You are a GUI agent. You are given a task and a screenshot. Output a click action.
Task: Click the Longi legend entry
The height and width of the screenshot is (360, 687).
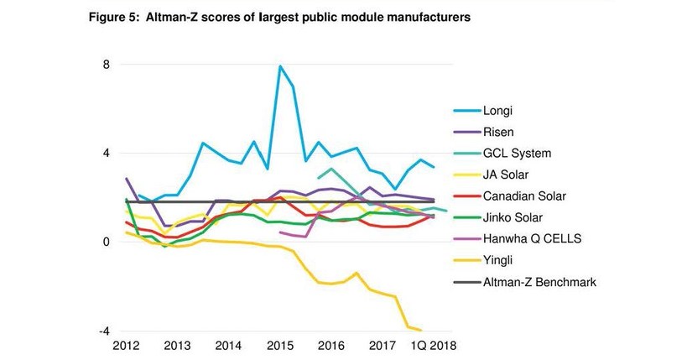(498, 110)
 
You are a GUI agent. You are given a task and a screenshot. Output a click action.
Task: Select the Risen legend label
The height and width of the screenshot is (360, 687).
(500, 132)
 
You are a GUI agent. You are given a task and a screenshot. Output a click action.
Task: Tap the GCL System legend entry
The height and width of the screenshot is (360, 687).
(517, 154)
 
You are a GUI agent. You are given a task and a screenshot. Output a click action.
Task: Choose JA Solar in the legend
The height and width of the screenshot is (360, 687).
(510, 175)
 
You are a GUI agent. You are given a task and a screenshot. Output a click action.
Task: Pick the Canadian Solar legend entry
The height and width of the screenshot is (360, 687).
(525, 196)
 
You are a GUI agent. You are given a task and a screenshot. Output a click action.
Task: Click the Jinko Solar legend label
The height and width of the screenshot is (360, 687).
(514, 217)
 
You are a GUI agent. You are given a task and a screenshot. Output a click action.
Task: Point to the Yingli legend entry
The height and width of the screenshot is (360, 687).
(500, 261)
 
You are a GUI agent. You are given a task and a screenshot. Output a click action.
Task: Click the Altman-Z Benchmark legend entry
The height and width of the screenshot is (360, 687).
(539, 282)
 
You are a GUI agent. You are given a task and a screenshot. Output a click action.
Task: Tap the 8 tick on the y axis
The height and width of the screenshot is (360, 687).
(106, 64)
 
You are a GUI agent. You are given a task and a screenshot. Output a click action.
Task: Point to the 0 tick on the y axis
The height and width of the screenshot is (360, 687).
(106, 242)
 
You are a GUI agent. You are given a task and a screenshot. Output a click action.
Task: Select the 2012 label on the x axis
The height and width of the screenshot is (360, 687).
(126, 345)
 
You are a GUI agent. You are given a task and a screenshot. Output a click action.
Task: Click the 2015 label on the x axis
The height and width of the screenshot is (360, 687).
(280, 345)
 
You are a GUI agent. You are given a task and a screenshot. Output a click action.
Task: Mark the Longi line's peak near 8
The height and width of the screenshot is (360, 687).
(280, 66)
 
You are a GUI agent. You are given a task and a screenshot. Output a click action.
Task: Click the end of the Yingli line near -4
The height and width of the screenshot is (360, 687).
(420, 330)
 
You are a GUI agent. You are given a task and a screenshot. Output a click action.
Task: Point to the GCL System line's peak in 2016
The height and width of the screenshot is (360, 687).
(331, 169)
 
